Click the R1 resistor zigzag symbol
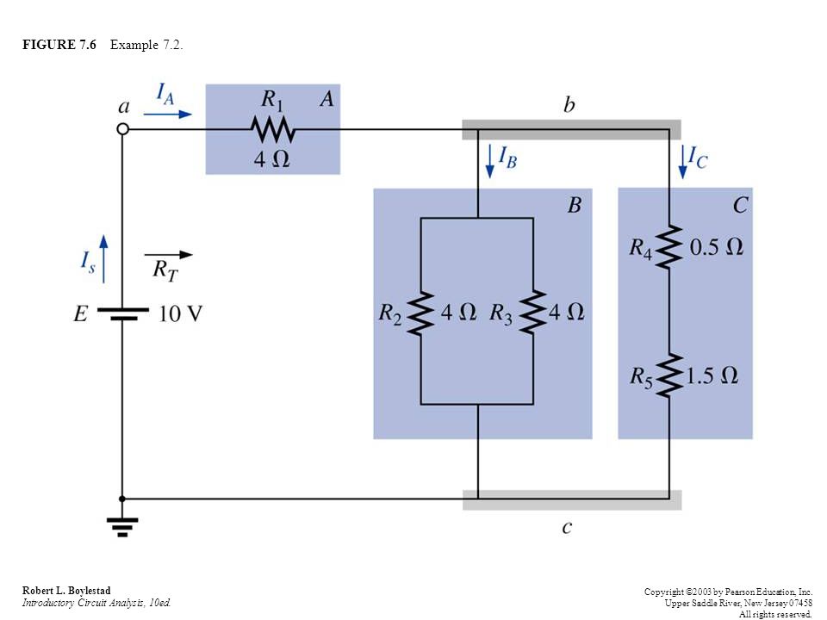273,129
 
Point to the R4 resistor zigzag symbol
669,247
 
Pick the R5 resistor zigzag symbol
669,375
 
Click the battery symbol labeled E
122,313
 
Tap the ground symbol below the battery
122,527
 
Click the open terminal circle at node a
122,128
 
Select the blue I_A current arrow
168,114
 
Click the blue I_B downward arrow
490,161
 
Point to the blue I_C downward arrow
683,162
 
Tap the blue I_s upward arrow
103,259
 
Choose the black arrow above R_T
169,255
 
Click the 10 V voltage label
180,313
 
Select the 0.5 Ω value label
717,247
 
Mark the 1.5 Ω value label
712,375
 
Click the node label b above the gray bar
569,104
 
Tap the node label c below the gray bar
567,527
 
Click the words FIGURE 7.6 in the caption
59,45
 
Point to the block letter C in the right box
740,205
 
